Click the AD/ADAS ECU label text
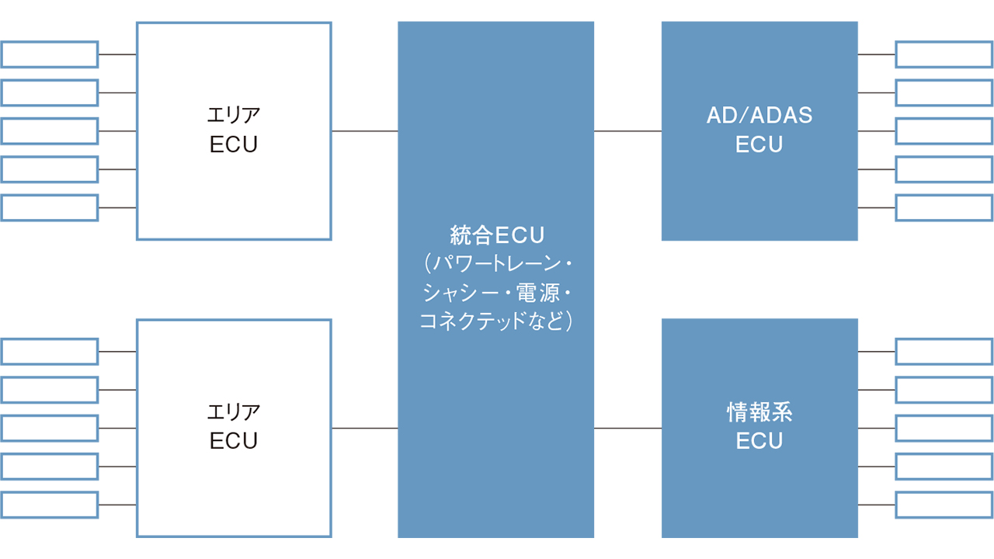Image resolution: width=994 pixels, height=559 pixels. click(759, 130)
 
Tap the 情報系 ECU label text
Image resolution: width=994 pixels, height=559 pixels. click(759, 426)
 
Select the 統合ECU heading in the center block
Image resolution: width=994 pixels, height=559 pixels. click(498, 234)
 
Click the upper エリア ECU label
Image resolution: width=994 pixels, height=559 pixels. click(234, 130)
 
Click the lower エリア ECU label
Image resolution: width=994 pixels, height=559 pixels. click(234, 426)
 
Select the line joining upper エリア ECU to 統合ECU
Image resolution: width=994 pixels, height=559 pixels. click(364, 131)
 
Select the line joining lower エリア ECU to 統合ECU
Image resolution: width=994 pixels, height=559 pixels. click(364, 428)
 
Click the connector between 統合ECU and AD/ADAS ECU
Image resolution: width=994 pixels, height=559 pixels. click(627, 131)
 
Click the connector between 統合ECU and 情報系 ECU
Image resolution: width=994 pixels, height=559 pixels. click(627, 428)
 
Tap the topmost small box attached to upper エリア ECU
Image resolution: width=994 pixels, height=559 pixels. click(50, 54)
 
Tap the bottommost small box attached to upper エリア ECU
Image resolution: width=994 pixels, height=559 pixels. click(50, 207)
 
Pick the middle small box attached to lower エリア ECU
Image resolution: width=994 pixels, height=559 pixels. click(50, 428)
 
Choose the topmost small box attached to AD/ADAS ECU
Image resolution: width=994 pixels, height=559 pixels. click(944, 54)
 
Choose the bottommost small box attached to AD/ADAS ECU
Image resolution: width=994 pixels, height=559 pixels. click(944, 207)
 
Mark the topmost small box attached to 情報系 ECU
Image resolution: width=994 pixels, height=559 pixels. click(944, 351)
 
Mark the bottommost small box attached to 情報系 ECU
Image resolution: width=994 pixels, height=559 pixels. click(944, 505)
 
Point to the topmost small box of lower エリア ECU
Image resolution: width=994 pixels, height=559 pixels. click(50, 351)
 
